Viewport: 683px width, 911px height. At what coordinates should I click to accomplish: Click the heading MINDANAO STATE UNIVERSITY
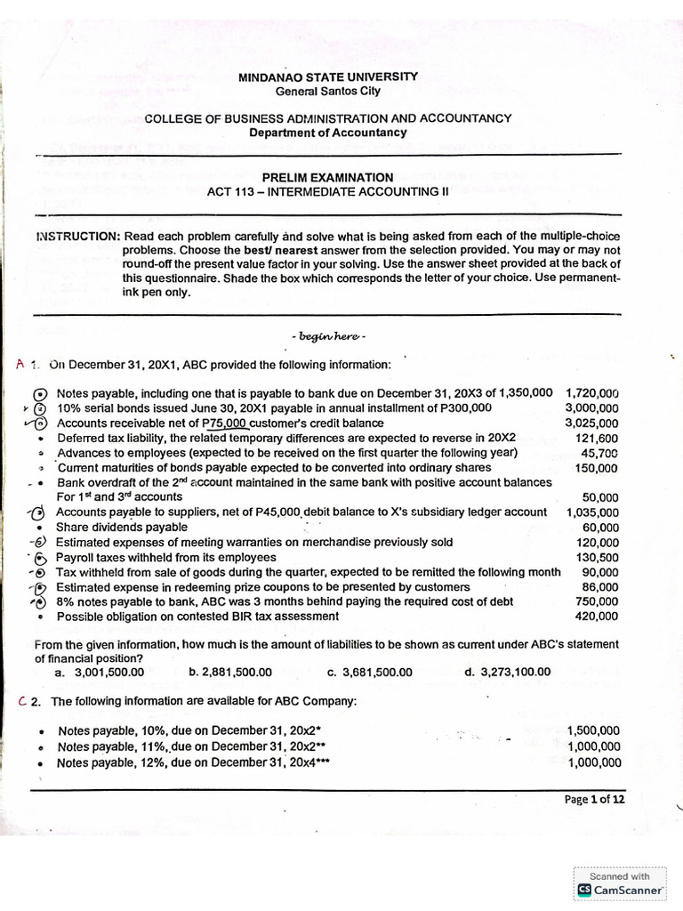pos(327,77)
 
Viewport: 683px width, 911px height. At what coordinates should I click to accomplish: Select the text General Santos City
pos(327,91)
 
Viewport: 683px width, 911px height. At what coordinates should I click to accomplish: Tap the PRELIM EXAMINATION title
pos(327,177)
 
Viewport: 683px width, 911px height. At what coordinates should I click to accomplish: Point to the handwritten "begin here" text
pos(328,336)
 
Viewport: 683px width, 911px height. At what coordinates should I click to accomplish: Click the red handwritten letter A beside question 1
pos(21,365)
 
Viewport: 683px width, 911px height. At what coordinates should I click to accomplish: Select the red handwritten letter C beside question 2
pos(23,701)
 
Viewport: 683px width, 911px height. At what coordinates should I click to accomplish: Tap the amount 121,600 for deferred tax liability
pos(596,438)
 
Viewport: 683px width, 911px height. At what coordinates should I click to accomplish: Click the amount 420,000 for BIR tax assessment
pos(596,616)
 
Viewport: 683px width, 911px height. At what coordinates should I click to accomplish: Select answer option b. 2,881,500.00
pos(230,672)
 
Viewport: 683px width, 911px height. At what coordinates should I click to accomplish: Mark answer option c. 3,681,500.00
pos(369,672)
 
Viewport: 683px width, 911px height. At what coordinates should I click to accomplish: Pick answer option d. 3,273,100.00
pos(507,672)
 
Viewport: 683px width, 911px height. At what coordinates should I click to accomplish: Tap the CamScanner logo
pos(621,889)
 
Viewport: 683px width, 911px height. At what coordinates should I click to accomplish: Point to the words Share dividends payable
pos(122,527)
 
